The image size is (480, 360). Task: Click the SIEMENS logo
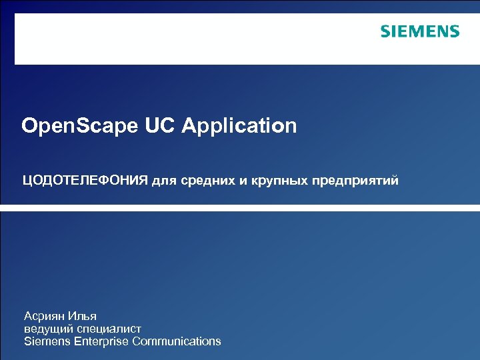click(420, 31)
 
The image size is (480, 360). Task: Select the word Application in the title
click(239, 126)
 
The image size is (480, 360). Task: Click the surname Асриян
click(45, 316)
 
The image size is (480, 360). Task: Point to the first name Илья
click(83, 316)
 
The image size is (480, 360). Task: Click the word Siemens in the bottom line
click(45, 341)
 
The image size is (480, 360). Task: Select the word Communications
click(177, 341)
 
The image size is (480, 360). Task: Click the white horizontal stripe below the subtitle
click(240, 208)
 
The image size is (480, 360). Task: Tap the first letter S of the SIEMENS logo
click(385, 31)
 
